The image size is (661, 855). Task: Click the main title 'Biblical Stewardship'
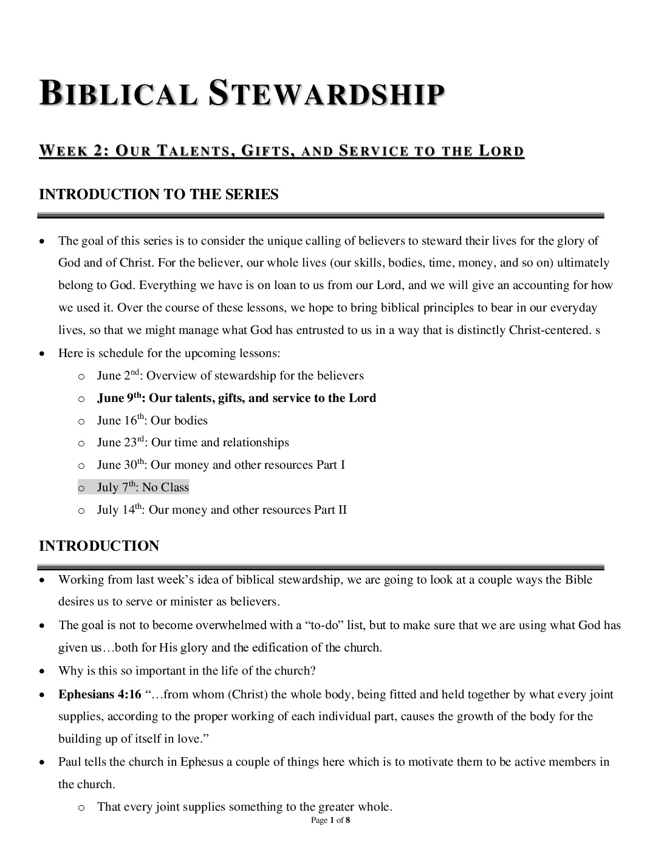tap(241, 95)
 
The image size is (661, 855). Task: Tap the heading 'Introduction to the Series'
tap(159, 195)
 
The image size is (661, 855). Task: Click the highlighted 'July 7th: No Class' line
tap(143, 488)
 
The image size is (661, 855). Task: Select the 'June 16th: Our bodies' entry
tap(152, 421)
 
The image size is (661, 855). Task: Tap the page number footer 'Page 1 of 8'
tap(330, 820)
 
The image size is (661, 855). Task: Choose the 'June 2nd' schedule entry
tap(230, 376)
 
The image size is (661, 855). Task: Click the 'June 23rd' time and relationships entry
tap(193, 443)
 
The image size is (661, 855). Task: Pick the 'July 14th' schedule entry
tap(222, 510)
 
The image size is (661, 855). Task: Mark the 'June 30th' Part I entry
tap(221, 465)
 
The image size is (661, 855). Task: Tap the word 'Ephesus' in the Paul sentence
tap(202, 762)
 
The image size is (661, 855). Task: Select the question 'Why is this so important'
tap(187, 671)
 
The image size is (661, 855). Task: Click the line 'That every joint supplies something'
tap(244, 807)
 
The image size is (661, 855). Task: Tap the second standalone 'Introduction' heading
tap(99, 546)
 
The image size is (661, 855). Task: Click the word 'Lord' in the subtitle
tap(501, 151)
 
